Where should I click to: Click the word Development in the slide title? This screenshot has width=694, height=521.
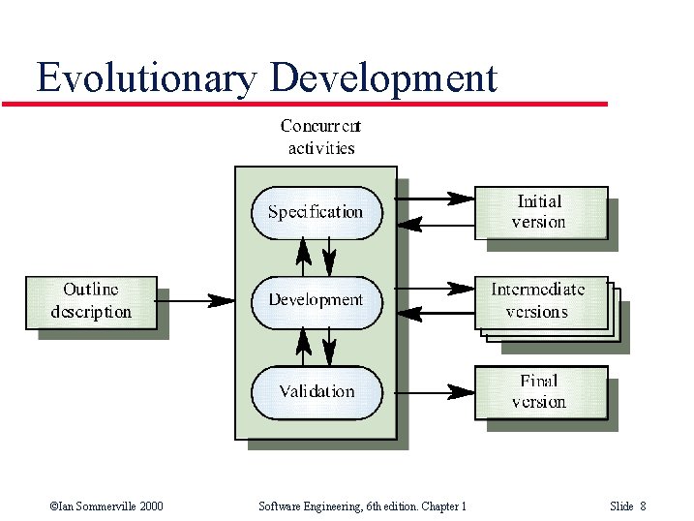coord(384,77)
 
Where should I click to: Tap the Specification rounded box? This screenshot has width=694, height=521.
coord(316,212)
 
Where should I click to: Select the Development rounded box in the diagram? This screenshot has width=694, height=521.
coord(316,300)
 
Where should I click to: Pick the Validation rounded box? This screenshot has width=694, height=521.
coord(317,391)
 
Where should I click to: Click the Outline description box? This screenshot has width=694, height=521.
coord(91,301)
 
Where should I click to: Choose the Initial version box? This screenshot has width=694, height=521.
coord(539,212)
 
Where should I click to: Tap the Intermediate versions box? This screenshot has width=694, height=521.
coord(538,301)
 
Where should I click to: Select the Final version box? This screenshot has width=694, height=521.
coord(539,391)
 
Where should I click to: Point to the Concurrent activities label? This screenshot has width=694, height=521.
coord(320,137)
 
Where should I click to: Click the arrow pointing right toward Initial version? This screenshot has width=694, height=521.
coord(435,199)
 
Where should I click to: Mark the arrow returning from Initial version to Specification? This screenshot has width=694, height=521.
coord(435,225)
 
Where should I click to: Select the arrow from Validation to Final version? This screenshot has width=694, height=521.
coord(435,391)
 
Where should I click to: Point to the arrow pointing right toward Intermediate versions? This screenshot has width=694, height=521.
coord(435,288)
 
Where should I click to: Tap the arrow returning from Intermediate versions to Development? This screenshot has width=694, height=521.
coord(435,313)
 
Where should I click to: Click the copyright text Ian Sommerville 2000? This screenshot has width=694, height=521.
coord(106,506)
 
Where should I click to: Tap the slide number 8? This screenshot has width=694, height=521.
coord(643,506)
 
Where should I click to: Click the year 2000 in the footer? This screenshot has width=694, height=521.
coord(150,506)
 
